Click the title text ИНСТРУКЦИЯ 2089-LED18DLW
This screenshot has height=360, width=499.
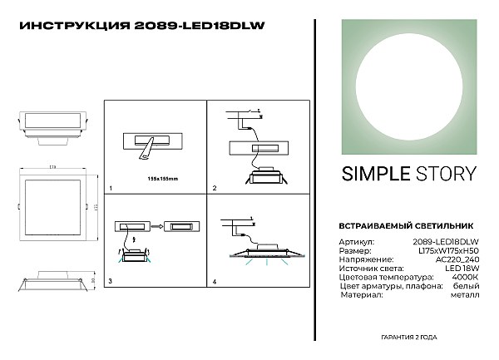click(x=141, y=25)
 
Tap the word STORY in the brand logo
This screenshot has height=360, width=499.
click(x=447, y=174)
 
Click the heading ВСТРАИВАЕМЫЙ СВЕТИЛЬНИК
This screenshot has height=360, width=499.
click(x=395, y=225)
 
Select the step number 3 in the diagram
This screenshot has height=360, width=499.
click(x=111, y=283)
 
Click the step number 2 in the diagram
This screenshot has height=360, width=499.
click(x=215, y=189)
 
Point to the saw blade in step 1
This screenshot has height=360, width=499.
click(x=147, y=149)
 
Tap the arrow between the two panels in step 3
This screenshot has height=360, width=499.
click(x=156, y=224)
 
